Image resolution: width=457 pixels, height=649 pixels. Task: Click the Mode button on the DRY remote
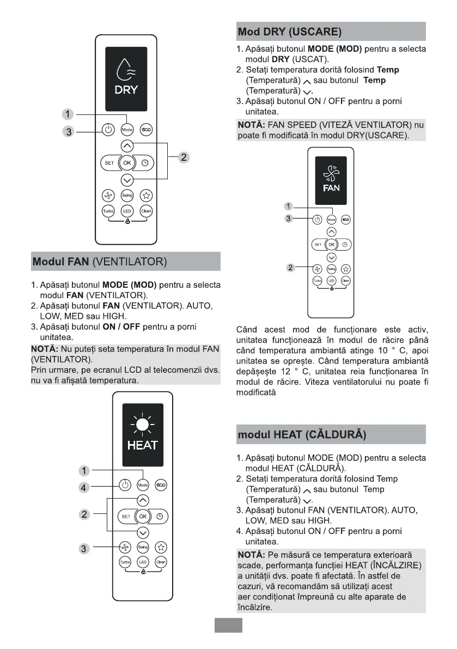[x=127, y=130]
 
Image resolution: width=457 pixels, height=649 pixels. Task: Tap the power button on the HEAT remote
[x=125, y=485]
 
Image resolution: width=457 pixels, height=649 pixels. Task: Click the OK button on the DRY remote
[x=127, y=162]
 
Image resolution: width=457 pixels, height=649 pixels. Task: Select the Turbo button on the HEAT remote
[x=125, y=562]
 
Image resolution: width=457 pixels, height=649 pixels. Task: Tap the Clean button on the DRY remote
[x=146, y=211]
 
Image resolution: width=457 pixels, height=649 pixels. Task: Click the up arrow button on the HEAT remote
[x=143, y=500]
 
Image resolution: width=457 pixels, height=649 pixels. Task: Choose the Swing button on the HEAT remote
[x=143, y=547]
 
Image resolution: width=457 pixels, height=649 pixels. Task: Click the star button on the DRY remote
[x=146, y=196]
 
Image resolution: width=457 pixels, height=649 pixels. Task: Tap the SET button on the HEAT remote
[x=126, y=516]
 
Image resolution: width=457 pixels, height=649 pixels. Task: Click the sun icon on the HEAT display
[x=142, y=425]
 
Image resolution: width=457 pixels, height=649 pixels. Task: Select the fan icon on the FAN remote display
[x=331, y=173]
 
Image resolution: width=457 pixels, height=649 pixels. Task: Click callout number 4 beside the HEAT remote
[x=83, y=488]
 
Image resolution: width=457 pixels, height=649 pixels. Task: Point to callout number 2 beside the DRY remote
[x=184, y=157]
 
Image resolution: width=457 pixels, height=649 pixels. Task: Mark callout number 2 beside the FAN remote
[x=291, y=268]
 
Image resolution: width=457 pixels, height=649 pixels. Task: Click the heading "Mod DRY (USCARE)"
[x=290, y=32]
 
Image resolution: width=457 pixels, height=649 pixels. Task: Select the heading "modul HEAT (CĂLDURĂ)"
[x=302, y=435]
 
